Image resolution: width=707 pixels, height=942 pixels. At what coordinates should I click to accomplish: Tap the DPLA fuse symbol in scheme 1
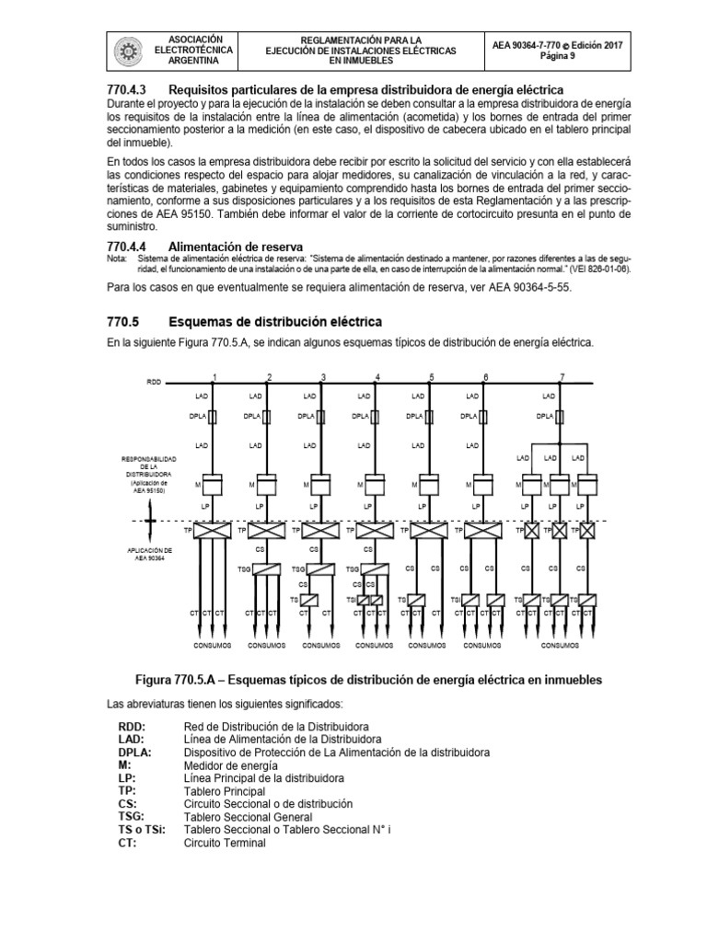[x=213, y=417]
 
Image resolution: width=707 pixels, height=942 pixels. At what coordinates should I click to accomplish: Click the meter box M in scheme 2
[x=267, y=482]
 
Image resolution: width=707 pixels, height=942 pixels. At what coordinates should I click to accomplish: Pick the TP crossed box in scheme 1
[x=213, y=531]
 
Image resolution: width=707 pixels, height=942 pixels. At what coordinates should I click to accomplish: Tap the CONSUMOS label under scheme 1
[x=213, y=645]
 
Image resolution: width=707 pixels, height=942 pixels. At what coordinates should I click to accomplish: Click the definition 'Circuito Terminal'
[x=226, y=842]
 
